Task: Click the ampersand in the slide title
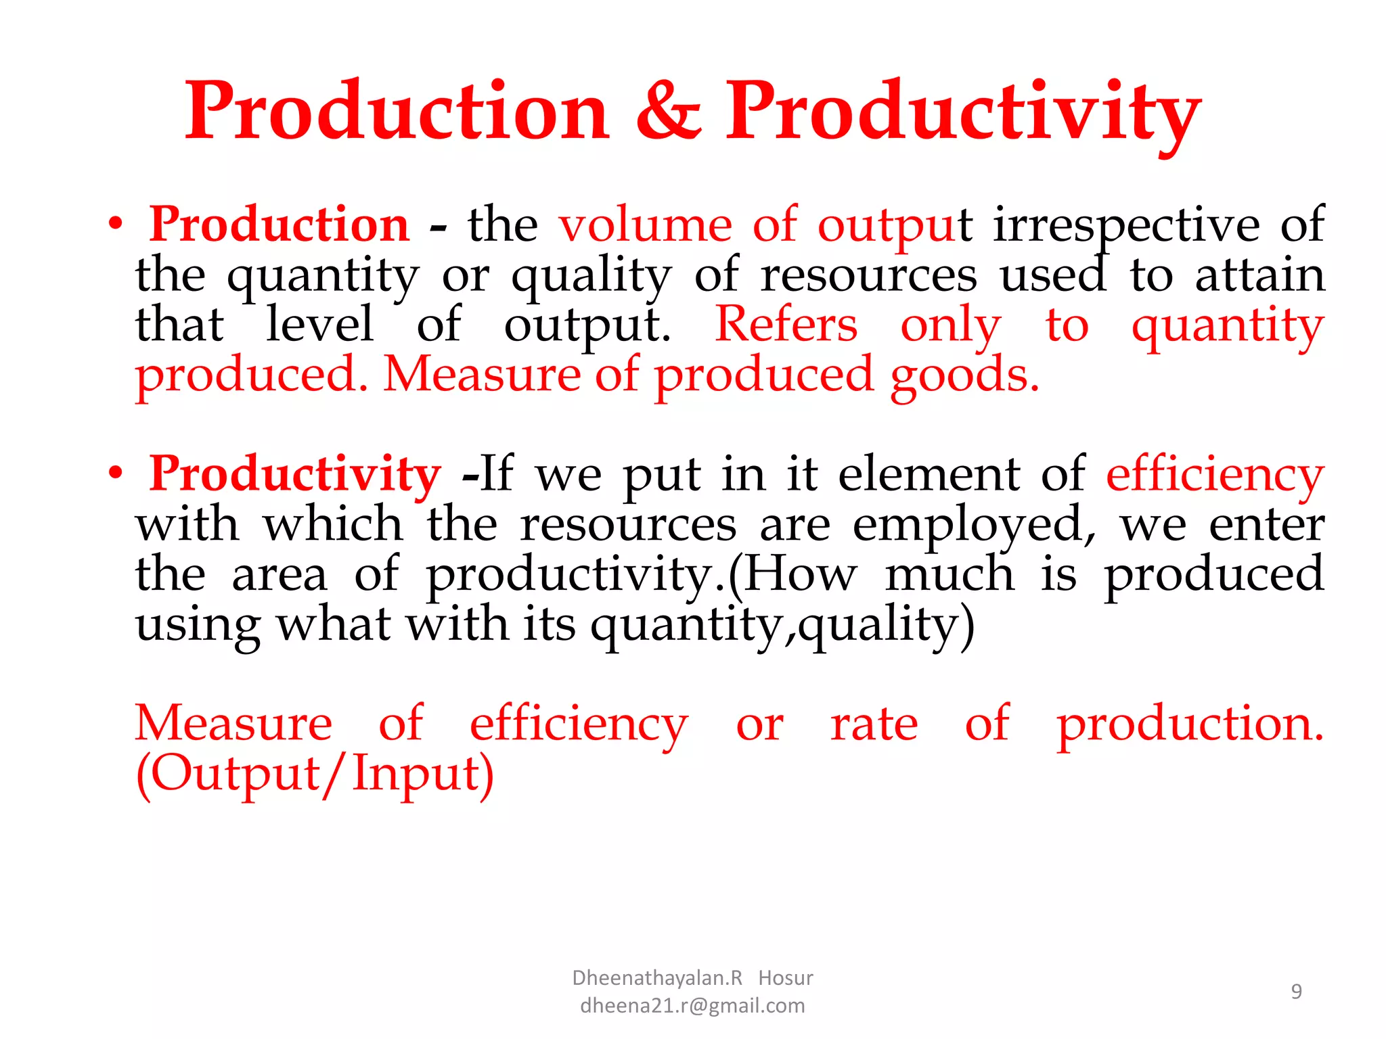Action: click(669, 112)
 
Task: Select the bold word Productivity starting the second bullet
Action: click(295, 474)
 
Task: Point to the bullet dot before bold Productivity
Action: click(116, 474)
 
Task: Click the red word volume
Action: click(645, 225)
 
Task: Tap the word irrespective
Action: click(1126, 226)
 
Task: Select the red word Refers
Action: click(786, 325)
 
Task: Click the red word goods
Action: click(964, 376)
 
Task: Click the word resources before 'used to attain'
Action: click(868, 276)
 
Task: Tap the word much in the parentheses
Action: click(949, 574)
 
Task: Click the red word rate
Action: click(874, 724)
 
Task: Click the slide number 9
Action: click(1296, 992)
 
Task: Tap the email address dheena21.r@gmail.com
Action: click(692, 1006)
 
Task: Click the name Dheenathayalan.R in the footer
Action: click(657, 978)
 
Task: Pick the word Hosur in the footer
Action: click(785, 978)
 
